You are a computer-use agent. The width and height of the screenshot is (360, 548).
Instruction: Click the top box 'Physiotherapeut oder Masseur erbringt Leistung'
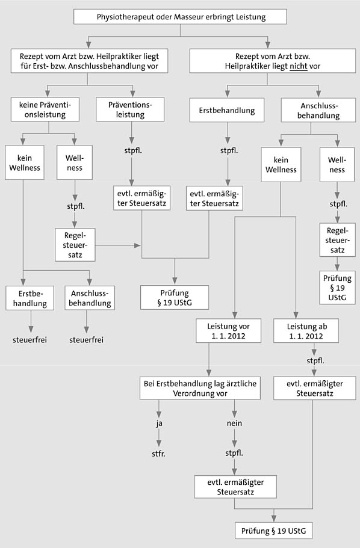[x=180, y=17]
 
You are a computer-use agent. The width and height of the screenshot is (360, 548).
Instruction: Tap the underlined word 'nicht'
[x=299, y=66]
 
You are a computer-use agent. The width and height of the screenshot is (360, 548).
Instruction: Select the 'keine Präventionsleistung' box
[x=45, y=109]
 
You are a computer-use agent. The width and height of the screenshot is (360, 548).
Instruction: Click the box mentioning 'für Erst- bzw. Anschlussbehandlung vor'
[x=89, y=61]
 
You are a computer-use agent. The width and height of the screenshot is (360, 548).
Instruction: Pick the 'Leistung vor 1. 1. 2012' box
[x=228, y=331]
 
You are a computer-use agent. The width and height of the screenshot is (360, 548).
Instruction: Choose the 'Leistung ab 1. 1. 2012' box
[x=306, y=331]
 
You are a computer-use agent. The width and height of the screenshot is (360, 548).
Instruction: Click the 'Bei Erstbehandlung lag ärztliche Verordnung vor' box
[x=200, y=388]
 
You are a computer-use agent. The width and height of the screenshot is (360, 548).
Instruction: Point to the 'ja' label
[x=159, y=423]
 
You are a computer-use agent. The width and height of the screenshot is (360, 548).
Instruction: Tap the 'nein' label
[x=234, y=423]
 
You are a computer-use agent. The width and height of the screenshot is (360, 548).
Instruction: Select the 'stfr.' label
[x=158, y=454]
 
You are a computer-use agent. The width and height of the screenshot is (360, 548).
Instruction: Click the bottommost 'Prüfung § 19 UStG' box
[x=273, y=531]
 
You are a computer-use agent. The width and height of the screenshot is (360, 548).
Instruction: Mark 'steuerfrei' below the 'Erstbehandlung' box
[x=29, y=340]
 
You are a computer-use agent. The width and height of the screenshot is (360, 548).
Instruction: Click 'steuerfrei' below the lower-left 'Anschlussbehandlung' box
[x=87, y=340]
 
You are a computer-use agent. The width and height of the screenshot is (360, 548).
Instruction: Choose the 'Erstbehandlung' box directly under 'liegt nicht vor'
[x=227, y=111]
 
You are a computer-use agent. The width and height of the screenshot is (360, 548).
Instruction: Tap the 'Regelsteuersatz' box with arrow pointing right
[x=75, y=245]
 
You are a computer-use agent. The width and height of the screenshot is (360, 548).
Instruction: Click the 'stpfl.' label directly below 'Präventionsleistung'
[x=133, y=151]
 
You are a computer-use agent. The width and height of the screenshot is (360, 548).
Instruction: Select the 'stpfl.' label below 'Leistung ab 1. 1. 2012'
[x=315, y=361]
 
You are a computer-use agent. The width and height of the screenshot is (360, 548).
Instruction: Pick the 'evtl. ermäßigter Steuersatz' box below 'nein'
[x=235, y=487]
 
